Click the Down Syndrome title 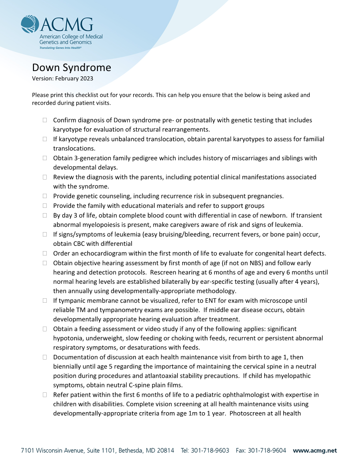(x=71, y=68)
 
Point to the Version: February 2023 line (x=63, y=79)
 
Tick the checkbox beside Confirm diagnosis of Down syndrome (x=45, y=120)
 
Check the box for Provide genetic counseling (x=45, y=196)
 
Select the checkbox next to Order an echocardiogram (x=45, y=253)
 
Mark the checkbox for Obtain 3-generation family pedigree (x=45, y=158)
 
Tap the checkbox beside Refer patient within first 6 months (x=45, y=395)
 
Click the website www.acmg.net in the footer (x=315, y=451)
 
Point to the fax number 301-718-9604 (x=266, y=451)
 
